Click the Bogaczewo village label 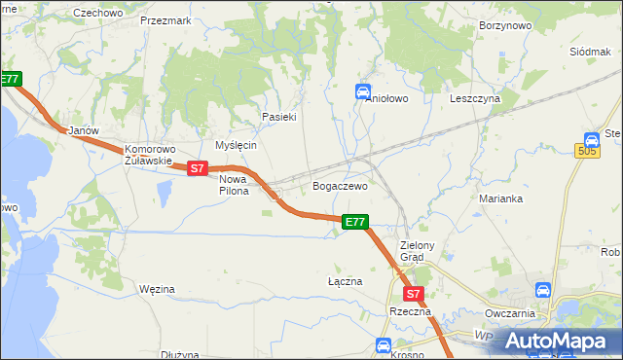339,186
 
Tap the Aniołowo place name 385,98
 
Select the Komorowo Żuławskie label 148,156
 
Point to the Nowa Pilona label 234,185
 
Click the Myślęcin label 236,145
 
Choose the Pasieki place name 278,117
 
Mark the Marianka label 501,198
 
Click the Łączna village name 345,281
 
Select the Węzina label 157,289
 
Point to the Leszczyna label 475,98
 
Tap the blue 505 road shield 587,151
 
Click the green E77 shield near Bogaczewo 355,223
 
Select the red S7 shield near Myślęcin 198,168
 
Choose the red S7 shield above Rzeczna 413,293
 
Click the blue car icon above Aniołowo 362,91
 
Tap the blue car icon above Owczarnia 543,290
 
